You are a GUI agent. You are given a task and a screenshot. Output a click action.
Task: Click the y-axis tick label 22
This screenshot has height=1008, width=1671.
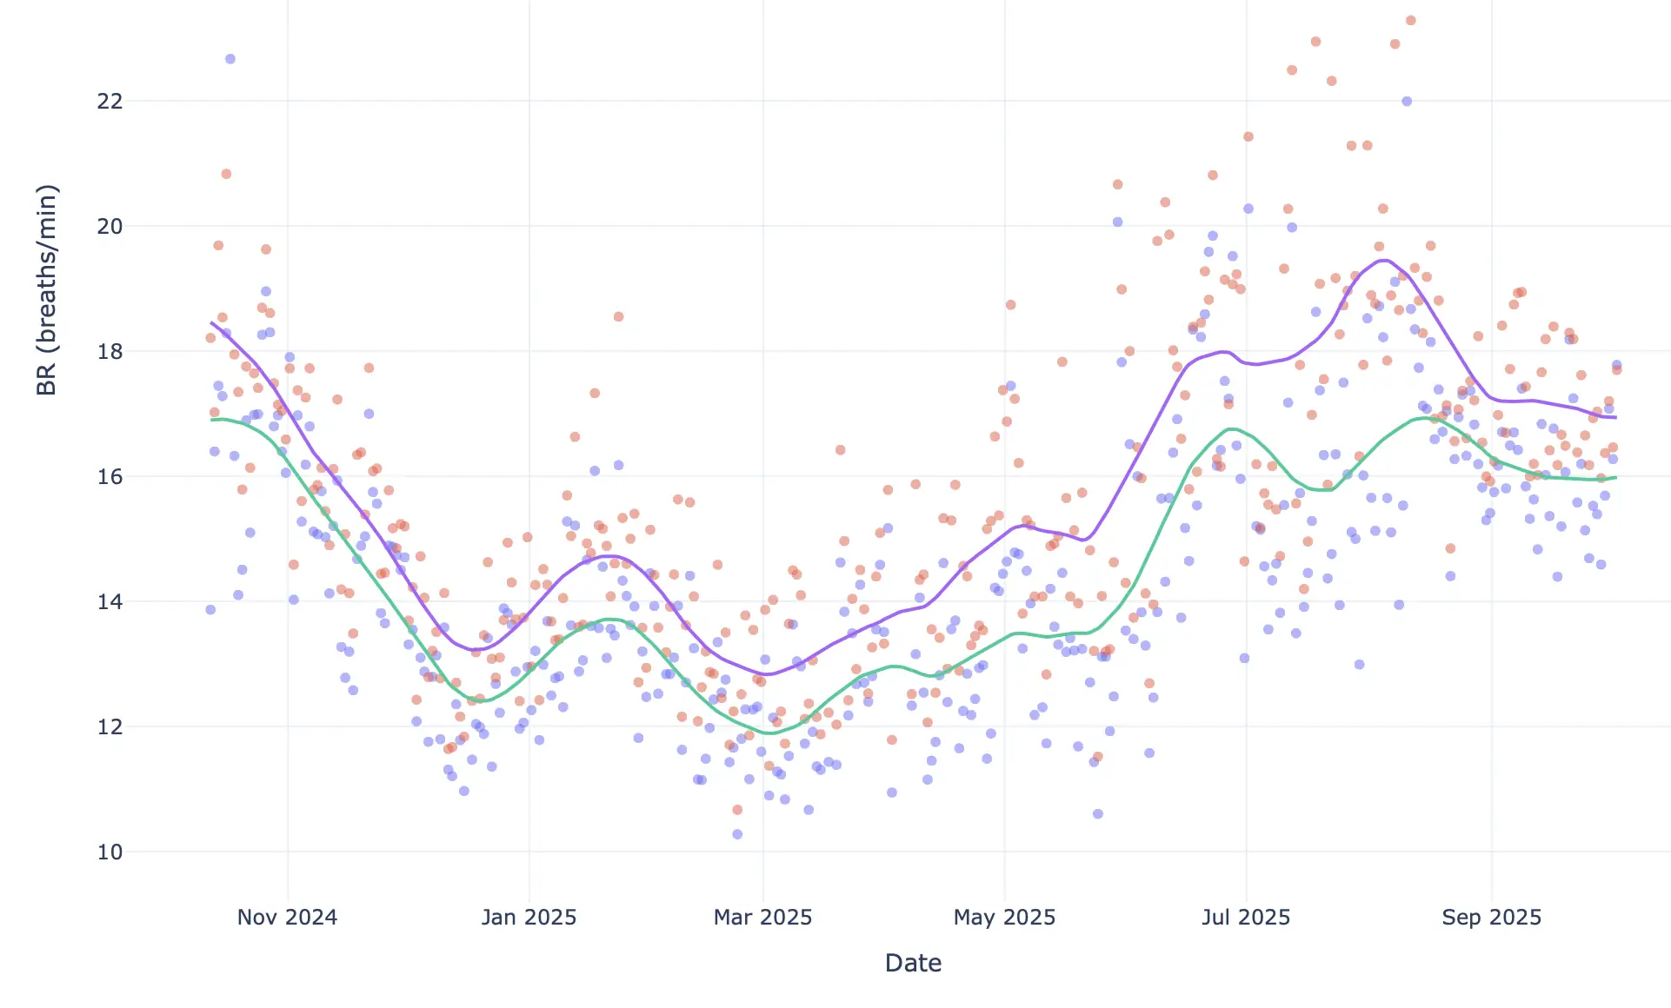(x=110, y=102)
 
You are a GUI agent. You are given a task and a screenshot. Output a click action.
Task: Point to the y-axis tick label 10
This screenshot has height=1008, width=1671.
(x=110, y=852)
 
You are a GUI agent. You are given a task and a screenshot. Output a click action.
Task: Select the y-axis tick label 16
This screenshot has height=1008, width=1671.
(x=110, y=477)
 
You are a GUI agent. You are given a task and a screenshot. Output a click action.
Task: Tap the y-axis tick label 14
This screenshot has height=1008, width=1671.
(x=110, y=602)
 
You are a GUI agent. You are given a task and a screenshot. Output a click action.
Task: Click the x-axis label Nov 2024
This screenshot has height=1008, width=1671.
(x=287, y=918)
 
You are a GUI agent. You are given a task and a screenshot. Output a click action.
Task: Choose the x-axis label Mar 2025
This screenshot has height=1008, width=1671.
(x=762, y=918)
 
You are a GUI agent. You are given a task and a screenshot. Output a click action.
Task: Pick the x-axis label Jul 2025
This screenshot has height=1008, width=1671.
(x=1246, y=918)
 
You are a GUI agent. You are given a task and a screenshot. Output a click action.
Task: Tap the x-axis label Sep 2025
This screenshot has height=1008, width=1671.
(x=1491, y=918)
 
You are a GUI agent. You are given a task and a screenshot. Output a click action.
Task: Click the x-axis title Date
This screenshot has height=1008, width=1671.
(x=913, y=963)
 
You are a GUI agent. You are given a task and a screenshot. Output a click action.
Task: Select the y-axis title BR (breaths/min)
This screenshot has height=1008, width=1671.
(x=47, y=290)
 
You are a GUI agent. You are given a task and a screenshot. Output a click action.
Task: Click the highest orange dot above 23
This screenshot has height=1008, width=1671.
(x=1411, y=21)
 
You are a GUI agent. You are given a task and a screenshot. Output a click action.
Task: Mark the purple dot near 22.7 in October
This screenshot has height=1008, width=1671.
(x=230, y=59)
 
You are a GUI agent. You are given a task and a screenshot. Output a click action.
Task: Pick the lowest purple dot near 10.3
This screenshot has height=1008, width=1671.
(x=737, y=834)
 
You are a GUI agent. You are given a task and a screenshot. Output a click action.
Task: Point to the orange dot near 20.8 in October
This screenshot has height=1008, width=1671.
(x=226, y=174)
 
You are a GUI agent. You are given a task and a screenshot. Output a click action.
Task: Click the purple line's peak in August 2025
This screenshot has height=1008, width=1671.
(x=1384, y=260)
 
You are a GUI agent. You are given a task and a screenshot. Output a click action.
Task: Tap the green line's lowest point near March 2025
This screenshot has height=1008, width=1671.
(x=770, y=733)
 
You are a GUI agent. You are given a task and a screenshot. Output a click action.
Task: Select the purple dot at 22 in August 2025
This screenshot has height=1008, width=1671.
(x=1407, y=102)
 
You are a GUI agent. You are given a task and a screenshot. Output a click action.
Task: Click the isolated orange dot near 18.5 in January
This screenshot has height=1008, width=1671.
(x=618, y=316)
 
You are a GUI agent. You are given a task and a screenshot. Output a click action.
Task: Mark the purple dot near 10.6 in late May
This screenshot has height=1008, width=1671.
(x=1098, y=814)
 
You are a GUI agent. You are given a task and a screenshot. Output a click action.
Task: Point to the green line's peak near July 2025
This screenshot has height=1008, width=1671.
(x=1232, y=429)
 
